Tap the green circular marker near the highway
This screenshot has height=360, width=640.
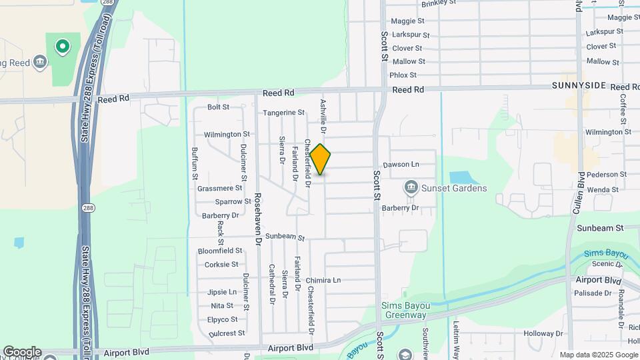pos(62,47)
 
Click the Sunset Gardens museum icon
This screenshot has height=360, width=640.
pos(411,188)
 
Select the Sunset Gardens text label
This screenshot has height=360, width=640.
pos(453,189)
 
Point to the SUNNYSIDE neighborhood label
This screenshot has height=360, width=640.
pos(579,87)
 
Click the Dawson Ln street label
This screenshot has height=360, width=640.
pos(401,164)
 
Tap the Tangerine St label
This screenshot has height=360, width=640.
pos(283,113)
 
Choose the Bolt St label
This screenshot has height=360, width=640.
pos(218,107)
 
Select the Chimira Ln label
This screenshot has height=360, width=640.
pos(323,281)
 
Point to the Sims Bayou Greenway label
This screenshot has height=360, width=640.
pos(405,310)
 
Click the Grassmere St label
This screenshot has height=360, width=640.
pos(219,189)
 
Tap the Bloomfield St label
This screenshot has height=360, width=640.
pos(219,251)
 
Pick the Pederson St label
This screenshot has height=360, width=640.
pos(603,175)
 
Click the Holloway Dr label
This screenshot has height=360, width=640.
pos(543,333)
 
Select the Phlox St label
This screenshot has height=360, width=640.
pos(403,75)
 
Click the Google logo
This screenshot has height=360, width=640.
pos(22,352)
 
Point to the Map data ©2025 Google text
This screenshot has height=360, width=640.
pos(598,355)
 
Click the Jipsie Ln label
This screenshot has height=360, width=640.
pos(222,292)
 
